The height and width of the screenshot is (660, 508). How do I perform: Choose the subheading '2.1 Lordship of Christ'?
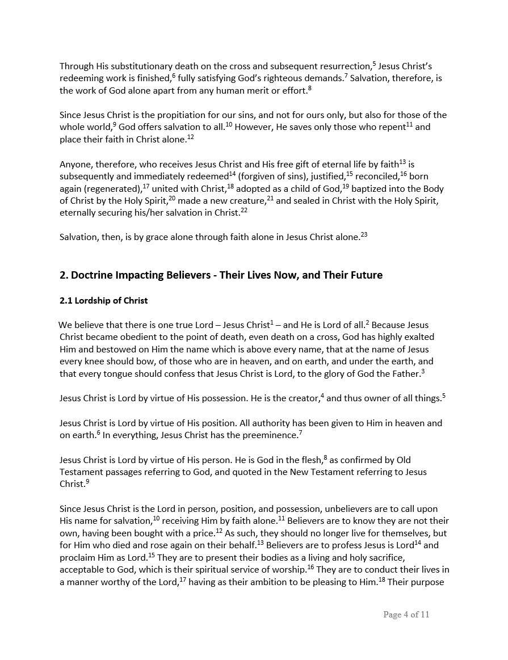[103, 301]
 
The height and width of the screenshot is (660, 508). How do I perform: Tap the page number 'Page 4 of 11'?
[406, 615]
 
